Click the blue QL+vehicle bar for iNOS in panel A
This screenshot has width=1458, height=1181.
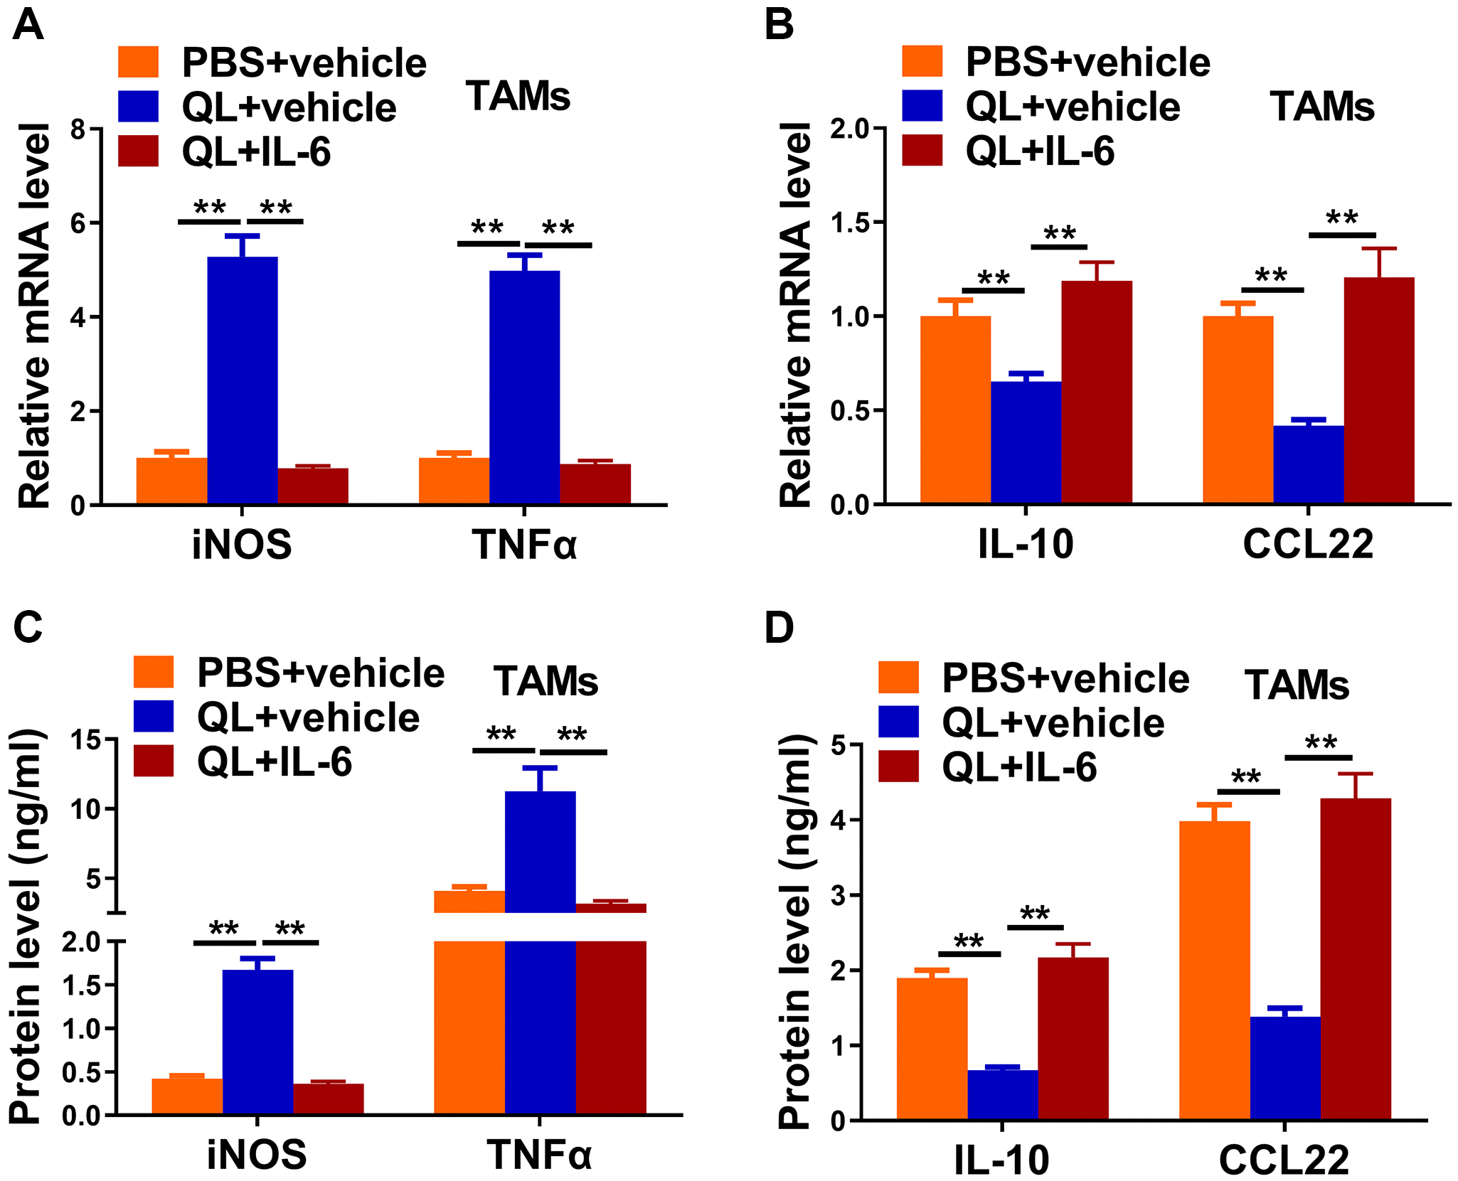[242, 380]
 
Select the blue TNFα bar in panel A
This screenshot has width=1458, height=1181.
[524, 388]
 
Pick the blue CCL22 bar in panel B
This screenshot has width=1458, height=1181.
[1308, 465]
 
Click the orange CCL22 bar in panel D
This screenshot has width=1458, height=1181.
[1214, 970]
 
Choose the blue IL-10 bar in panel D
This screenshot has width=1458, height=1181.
[1002, 1094]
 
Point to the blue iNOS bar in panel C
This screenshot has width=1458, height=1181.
[257, 1041]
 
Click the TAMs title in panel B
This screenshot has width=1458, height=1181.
[1321, 107]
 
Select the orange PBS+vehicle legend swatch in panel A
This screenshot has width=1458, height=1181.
[138, 62]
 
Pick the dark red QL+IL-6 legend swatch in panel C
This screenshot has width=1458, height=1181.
[154, 761]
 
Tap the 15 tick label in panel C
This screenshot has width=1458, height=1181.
[85, 740]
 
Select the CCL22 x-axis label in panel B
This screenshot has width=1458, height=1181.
[1308, 545]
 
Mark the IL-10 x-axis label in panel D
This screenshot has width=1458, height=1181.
[1001, 1160]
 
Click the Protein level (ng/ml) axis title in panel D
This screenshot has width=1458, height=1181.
[795, 931]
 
